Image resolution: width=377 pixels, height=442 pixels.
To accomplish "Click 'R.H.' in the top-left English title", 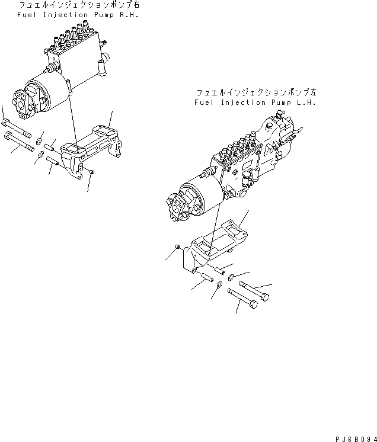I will pos(129,14).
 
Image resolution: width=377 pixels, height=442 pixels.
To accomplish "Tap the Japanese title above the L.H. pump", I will pos(256,93).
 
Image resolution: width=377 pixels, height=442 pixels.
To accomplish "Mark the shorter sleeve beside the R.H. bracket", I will pos(50,146).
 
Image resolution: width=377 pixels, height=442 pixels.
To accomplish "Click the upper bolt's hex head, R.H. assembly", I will pos(5,123).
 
